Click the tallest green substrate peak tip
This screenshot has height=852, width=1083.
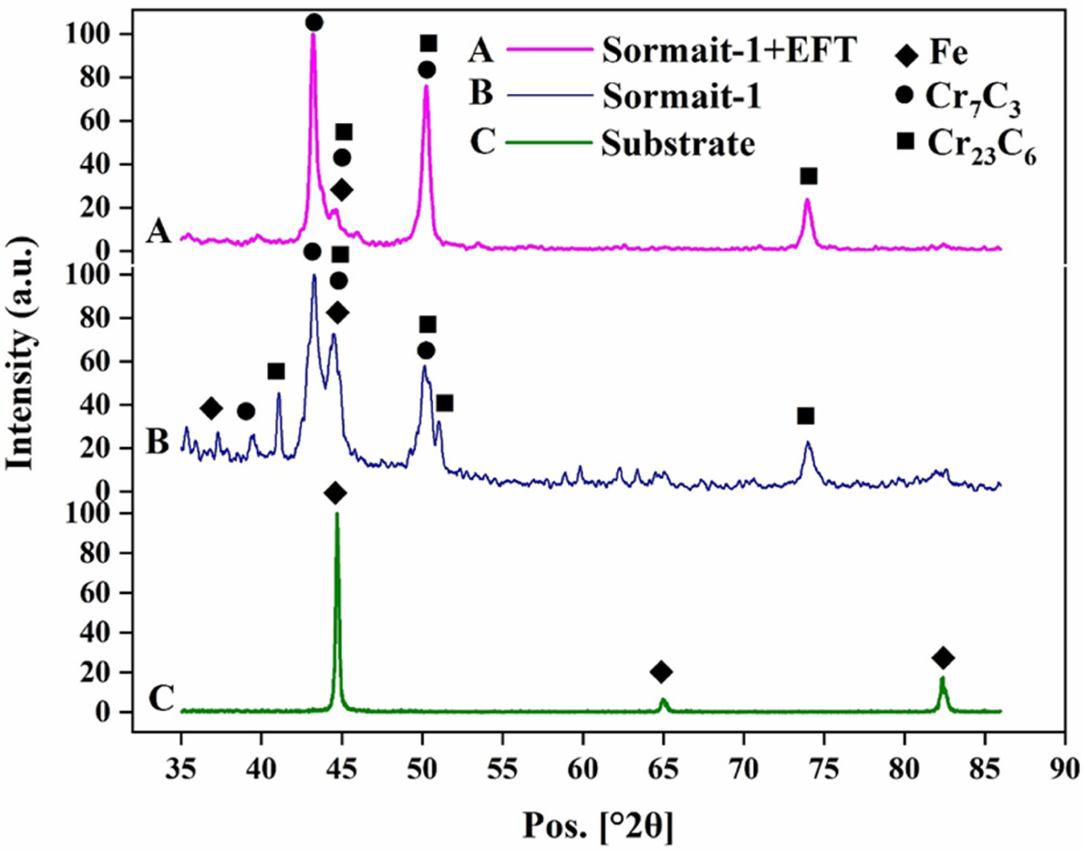coord(337,514)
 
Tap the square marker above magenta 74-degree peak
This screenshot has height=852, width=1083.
coord(808,176)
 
